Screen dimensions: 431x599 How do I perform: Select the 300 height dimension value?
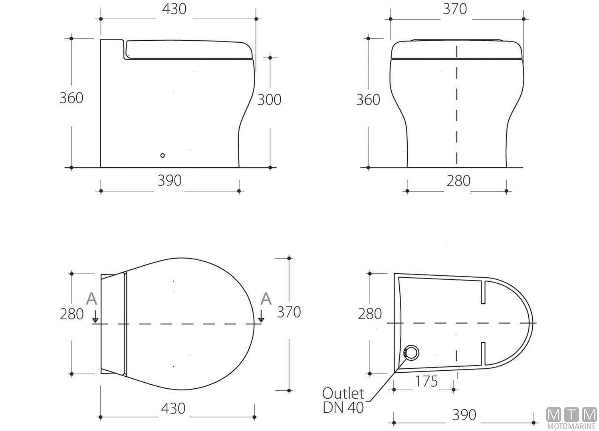(x=269, y=100)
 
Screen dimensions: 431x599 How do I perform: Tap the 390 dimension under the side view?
(x=170, y=181)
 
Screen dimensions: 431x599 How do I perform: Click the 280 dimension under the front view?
(x=458, y=181)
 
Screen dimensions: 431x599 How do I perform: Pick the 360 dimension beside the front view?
(x=368, y=100)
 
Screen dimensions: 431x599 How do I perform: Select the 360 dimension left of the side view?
(x=71, y=98)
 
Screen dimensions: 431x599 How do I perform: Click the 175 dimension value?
(x=426, y=382)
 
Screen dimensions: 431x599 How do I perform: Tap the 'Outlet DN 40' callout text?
(x=343, y=400)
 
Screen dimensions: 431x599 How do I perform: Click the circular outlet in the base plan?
(x=411, y=353)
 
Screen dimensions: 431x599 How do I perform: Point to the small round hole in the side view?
(x=162, y=155)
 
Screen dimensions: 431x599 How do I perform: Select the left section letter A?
(x=92, y=299)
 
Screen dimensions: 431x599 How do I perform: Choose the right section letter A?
(x=266, y=299)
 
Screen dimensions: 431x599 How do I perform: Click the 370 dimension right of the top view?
(x=289, y=312)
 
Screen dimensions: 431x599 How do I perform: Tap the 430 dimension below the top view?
(x=173, y=408)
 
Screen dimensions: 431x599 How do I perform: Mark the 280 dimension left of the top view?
(x=72, y=314)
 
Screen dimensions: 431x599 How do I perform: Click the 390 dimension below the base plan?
(x=464, y=415)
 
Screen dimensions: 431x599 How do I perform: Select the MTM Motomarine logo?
(x=571, y=418)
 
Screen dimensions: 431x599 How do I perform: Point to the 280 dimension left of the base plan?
(x=370, y=314)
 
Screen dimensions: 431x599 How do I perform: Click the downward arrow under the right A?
(x=261, y=317)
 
